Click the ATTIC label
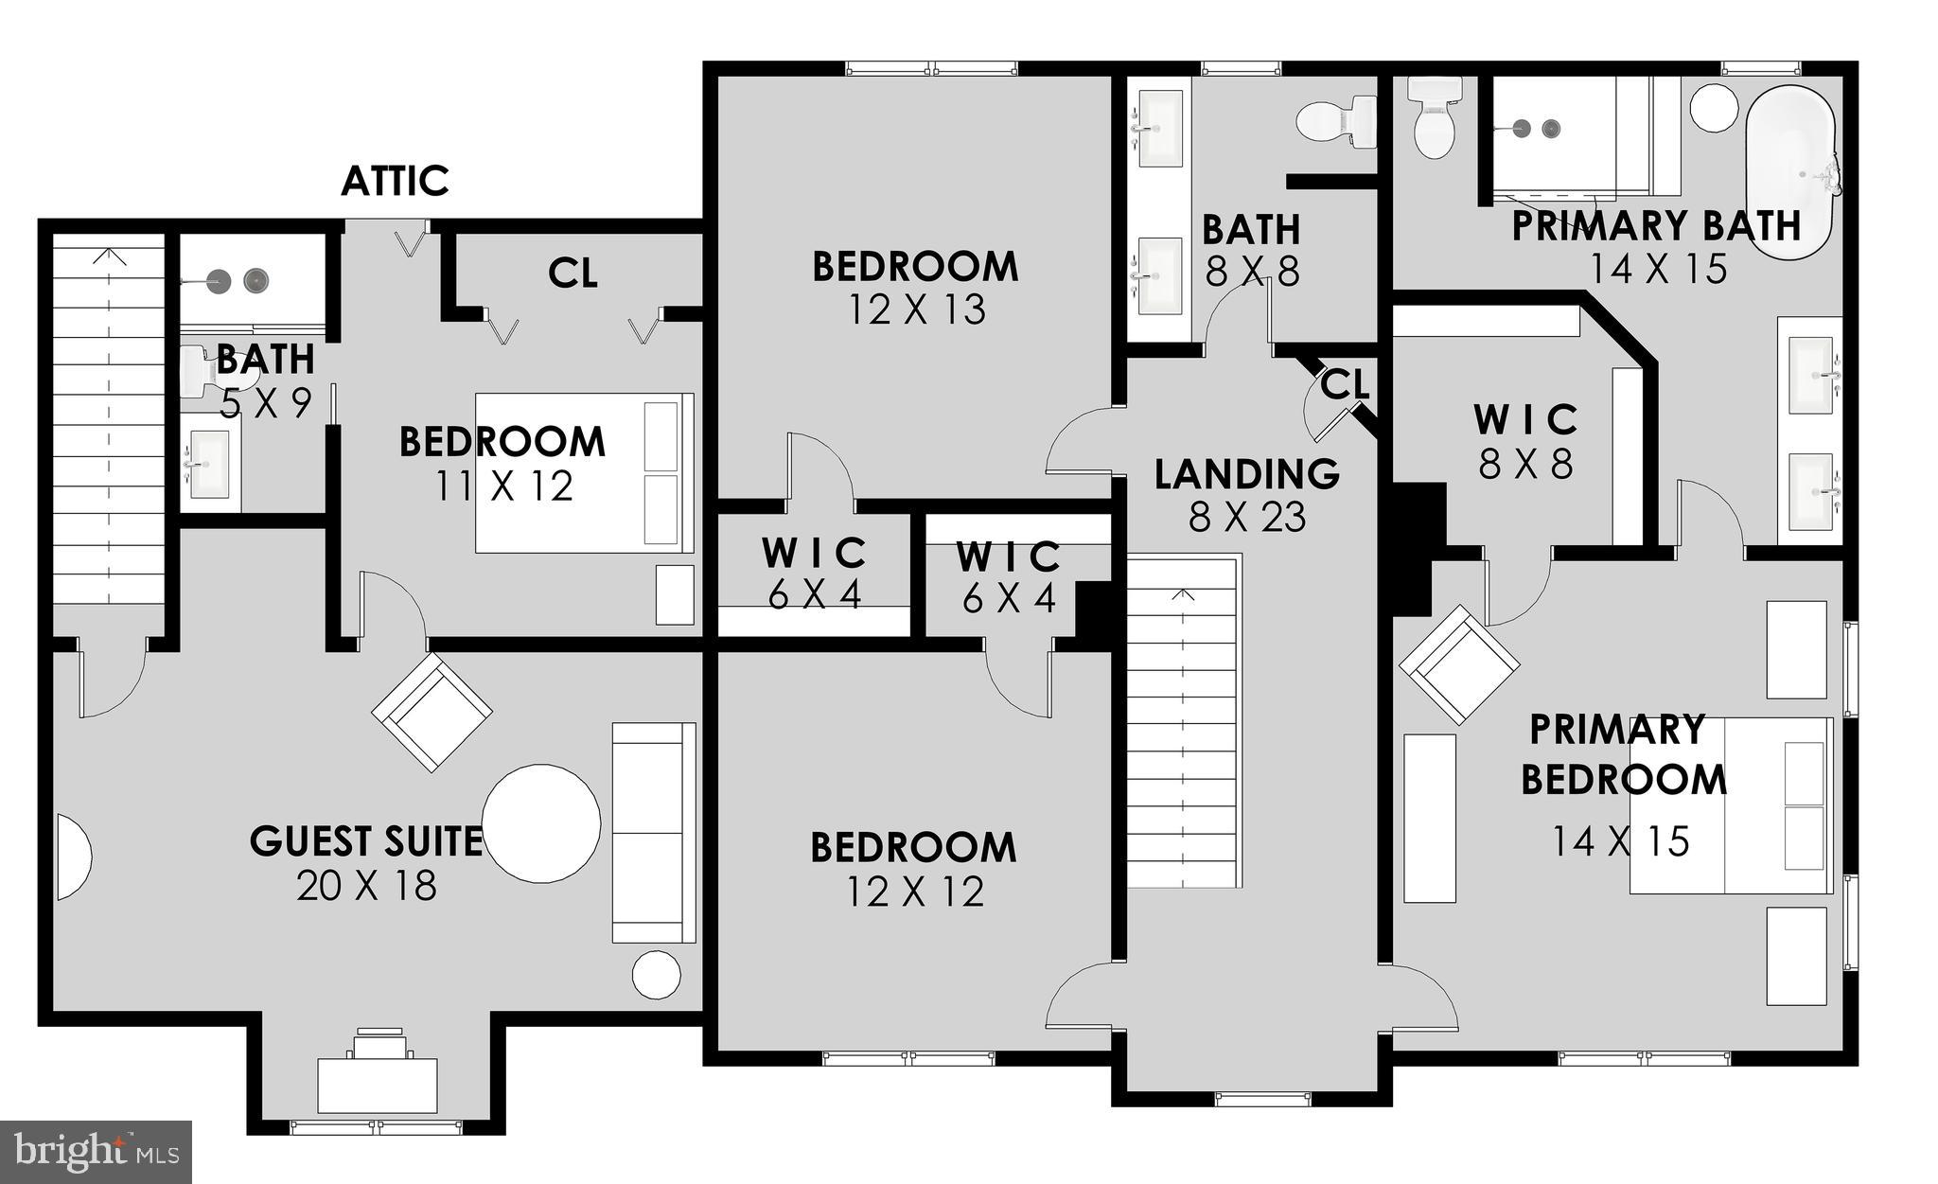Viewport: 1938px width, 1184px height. [395, 181]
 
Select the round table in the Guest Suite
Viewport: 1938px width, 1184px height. [541, 823]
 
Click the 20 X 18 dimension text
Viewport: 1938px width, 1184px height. [366, 886]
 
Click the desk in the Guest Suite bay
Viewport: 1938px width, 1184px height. [378, 1085]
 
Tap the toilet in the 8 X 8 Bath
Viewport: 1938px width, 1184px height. [1336, 121]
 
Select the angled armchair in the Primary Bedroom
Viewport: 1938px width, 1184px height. [1458, 664]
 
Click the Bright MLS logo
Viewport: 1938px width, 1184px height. [96, 1152]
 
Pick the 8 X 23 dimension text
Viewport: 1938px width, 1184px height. [1246, 518]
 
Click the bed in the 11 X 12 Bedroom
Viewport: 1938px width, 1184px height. [584, 473]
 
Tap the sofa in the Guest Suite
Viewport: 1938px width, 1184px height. [653, 833]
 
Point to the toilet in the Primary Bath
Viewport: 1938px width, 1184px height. [1435, 117]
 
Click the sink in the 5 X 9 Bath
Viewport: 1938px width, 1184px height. [209, 464]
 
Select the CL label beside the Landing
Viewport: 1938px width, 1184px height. [1344, 385]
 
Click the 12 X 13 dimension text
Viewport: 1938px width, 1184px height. [915, 309]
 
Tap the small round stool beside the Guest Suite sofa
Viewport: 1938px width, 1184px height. [656, 974]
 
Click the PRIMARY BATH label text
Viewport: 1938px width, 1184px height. [1655, 227]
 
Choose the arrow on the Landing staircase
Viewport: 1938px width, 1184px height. [1183, 595]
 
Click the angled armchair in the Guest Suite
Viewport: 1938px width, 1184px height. [432, 712]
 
